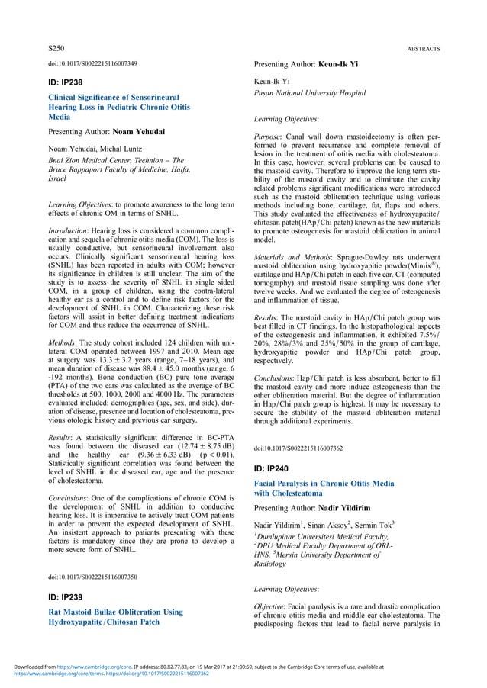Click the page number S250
55,47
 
